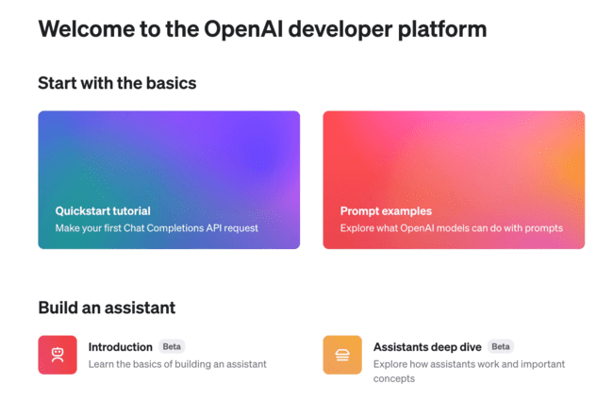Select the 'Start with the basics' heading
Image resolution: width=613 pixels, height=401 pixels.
pyautogui.click(x=117, y=83)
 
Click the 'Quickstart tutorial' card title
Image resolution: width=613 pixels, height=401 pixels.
pyautogui.click(x=103, y=211)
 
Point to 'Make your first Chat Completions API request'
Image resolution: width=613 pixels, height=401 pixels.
pyautogui.click(x=157, y=228)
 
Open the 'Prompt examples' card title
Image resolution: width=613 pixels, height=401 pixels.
pyautogui.click(x=386, y=211)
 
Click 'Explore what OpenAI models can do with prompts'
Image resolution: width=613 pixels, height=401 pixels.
pyautogui.click(x=451, y=228)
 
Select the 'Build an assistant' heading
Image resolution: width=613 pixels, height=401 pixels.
pyautogui.click(x=107, y=308)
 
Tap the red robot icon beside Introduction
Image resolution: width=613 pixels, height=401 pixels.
pyautogui.click(x=58, y=355)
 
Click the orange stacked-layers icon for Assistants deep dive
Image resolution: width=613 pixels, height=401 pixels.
pyautogui.click(x=342, y=355)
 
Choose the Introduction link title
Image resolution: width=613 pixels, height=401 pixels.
pyautogui.click(x=121, y=347)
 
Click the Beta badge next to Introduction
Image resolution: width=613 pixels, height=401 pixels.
pyautogui.click(x=172, y=347)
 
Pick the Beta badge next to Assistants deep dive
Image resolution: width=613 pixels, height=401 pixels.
pyautogui.click(x=500, y=347)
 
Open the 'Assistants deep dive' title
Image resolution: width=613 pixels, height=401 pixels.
pyautogui.click(x=427, y=347)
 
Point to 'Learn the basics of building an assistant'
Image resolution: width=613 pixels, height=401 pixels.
pyautogui.click(x=177, y=364)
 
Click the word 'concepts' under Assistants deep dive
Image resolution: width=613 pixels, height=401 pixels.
pyautogui.click(x=394, y=378)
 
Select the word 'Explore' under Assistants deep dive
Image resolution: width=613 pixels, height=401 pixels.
pyautogui.click(x=391, y=364)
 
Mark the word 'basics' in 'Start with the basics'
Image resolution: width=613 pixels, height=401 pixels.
pyautogui.click(x=170, y=83)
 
